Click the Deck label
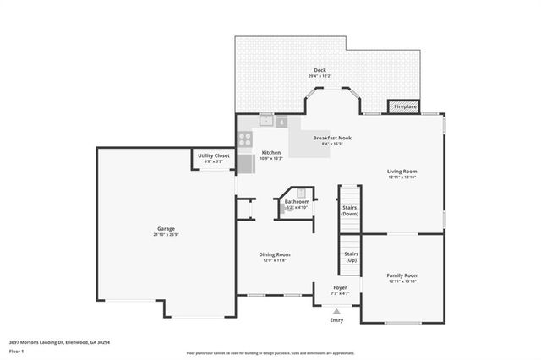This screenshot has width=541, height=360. pyautogui.click(x=320, y=70)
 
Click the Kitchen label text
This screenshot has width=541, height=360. pyautogui.click(x=270, y=152)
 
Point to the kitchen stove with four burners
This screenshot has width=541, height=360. pyautogui.click(x=245, y=139)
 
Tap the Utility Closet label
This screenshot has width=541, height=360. pyautogui.click(x=214, y=155)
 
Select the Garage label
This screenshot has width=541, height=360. pyautogui.click(x=166, y=229)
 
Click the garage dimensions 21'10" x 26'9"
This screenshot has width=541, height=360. pyautogui.click(x=166, y=235)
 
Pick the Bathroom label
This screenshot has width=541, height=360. pyautogui.click(x=297, y=201)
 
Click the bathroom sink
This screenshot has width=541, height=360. pyautogui.click(x=300, y=193)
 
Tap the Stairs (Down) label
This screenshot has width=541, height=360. pyautogui.click(x=350, y=210)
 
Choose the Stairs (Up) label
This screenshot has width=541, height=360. pyautogui.click(x=350, y=256)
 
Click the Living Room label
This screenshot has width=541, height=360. pyautogui.click(x=402, y=172)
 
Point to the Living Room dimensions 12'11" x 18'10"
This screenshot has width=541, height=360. pyautogui.click(x=402, y=177)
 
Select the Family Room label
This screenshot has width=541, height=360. pyautogui.click(x=402, y=275)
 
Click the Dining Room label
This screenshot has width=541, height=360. pyautogui.click(x=275, y=254)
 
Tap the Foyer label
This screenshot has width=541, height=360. pyautogui.click(x=339, y=287)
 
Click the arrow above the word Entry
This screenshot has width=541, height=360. pyautogui.click(x=336, y=311)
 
